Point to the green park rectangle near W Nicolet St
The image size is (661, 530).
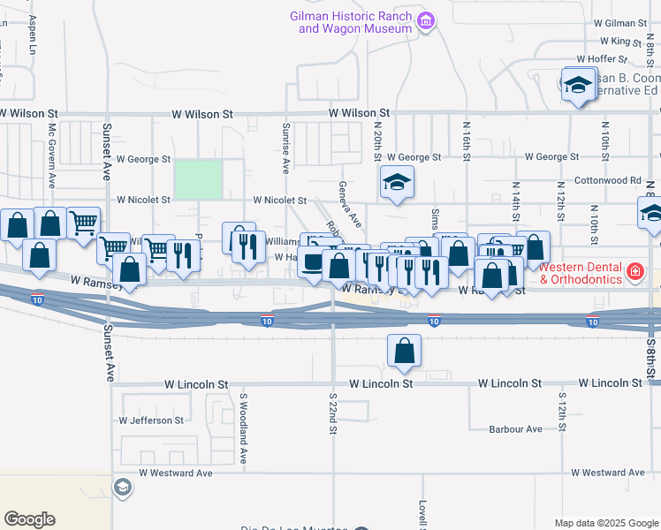tap(198, 179)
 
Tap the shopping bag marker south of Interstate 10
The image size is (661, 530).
tap(404, 351)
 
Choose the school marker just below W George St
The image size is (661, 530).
tap(397, 183)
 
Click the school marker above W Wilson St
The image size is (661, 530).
tap(578, 84)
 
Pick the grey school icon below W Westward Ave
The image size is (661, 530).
tap(123, 488)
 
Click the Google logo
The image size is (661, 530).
tap(30, 519)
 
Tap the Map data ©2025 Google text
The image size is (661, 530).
tap(606, 523)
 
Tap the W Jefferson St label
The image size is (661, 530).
tap(151, 420)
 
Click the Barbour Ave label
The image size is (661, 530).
tap(515, 429)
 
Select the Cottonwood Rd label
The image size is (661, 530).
tap(607, 180)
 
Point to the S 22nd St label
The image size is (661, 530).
tap(333, 414)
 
